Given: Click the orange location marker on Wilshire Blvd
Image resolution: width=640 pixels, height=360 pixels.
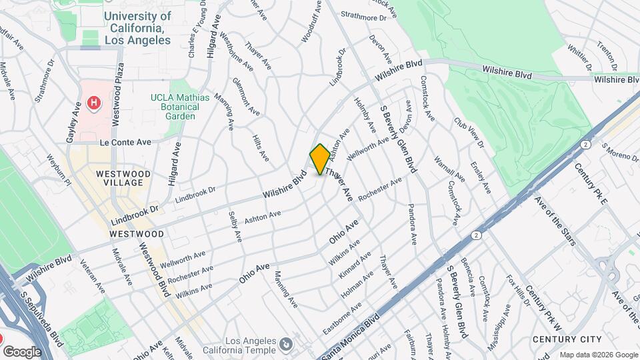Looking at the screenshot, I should [320, 159].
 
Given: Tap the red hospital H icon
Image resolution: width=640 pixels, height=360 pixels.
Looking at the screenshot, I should [94, 103].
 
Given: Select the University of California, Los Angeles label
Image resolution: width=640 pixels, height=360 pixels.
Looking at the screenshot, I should [137, 27].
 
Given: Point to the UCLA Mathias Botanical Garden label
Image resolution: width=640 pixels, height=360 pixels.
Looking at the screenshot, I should [180, 107].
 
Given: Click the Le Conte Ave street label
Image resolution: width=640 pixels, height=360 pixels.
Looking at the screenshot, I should [126, 142].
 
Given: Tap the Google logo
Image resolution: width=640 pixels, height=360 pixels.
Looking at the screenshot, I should [22, 351].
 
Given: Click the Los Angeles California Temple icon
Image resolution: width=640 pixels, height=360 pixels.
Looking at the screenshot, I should [287, 344].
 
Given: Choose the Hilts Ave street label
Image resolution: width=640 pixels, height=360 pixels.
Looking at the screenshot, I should [261, 146].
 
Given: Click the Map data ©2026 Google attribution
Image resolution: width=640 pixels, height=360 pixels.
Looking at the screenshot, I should [598, 354].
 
